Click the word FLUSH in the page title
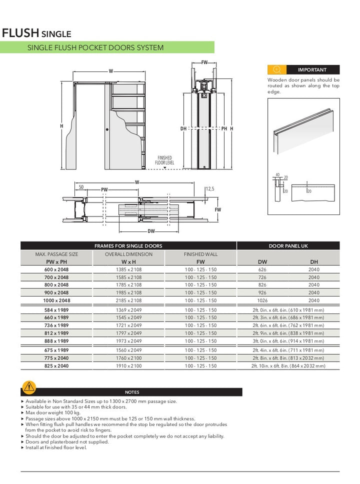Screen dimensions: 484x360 pos(20,33)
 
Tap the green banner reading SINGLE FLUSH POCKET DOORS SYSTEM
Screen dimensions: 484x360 pos(95,47)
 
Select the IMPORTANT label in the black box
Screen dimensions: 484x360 pos(312,70)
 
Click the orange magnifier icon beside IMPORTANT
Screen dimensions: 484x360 pos(276,70)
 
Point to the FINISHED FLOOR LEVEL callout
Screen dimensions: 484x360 pos(165,160)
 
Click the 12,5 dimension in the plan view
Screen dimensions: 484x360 pos(210,189)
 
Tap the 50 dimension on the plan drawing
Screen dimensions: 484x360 pos(81,186)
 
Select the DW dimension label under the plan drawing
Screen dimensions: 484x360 pos(151,231)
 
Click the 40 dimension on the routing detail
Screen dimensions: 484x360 pos(277,174)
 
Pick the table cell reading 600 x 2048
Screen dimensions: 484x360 pos(57,269)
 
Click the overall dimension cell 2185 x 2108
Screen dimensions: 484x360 pos(128,300)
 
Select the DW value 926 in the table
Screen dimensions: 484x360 pos(262,292)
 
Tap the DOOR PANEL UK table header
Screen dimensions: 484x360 pos(288,246)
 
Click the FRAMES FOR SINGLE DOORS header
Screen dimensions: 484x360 pos(128,246)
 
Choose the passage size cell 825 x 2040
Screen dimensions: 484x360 pos(57,366)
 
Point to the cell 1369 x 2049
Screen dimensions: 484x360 pos(128,310)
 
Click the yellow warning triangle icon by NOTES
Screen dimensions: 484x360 pos(29,386)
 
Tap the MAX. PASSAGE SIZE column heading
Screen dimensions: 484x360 pos(57,254)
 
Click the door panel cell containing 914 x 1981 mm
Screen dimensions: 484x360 pos(288,341)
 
